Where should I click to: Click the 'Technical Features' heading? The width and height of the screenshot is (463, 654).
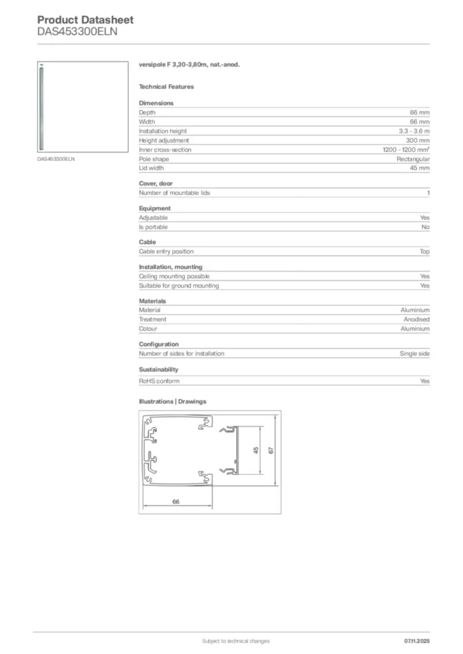click(166, 87)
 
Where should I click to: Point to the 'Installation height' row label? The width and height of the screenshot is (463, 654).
click(163, 131)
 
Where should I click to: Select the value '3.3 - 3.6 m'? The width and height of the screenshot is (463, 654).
click(414, 131)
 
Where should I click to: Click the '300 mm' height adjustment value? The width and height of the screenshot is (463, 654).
click(418, 141)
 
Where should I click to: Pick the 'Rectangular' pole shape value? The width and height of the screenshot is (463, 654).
click(413, 159)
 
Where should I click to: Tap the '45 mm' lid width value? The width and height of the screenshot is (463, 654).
click(420, 168)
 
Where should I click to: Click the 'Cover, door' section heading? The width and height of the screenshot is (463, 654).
click(155, 184)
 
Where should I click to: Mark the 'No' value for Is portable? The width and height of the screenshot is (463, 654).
click(425, 227)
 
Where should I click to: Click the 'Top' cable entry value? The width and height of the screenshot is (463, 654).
click(425, 252)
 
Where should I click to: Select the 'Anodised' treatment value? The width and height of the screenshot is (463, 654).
click(416, 319)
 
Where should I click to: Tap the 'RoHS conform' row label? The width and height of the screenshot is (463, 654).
click(159, 381)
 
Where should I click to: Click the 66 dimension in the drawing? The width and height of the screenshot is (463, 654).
click(176, 502)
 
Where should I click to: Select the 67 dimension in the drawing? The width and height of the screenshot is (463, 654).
click(271, 451)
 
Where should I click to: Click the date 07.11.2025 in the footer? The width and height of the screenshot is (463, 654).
click(417, 641)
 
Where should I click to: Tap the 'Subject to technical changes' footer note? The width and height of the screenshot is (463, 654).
click(235, 641)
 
